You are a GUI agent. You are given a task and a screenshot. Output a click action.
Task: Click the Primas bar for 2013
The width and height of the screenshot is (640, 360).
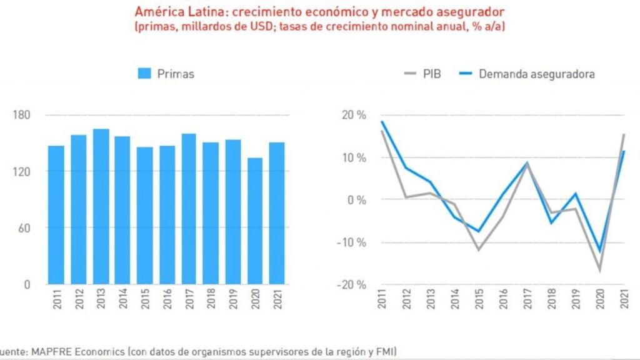coord(101,206)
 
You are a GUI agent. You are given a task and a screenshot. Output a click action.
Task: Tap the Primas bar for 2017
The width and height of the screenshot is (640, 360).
coord(189,209)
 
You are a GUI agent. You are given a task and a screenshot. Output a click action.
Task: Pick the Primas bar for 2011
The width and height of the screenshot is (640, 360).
coord(56,215)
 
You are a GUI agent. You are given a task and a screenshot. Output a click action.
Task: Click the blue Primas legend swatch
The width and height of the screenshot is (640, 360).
coord(144,74)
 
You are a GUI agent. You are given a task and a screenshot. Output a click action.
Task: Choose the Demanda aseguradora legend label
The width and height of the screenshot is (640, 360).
coord(536,74)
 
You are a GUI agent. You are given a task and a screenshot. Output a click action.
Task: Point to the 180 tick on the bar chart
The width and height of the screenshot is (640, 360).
coord(22,115)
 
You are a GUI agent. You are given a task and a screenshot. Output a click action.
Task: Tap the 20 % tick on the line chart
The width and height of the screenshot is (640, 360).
coord(353,115)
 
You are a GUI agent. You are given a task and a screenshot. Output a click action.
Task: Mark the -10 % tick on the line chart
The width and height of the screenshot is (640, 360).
coord(351,242)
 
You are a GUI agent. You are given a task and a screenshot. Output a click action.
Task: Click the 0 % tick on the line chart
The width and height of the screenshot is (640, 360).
coord(357,200)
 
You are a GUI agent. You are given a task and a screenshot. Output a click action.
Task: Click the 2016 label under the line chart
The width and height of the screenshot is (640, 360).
coord(502,300)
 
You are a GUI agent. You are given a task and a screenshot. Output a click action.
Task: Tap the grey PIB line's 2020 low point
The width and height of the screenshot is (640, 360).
coord(600,270)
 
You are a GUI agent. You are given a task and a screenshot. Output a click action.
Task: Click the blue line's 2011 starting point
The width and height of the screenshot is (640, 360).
coord(382,122)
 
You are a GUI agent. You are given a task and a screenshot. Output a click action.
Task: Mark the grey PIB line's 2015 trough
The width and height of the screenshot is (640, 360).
coord(479,250)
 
